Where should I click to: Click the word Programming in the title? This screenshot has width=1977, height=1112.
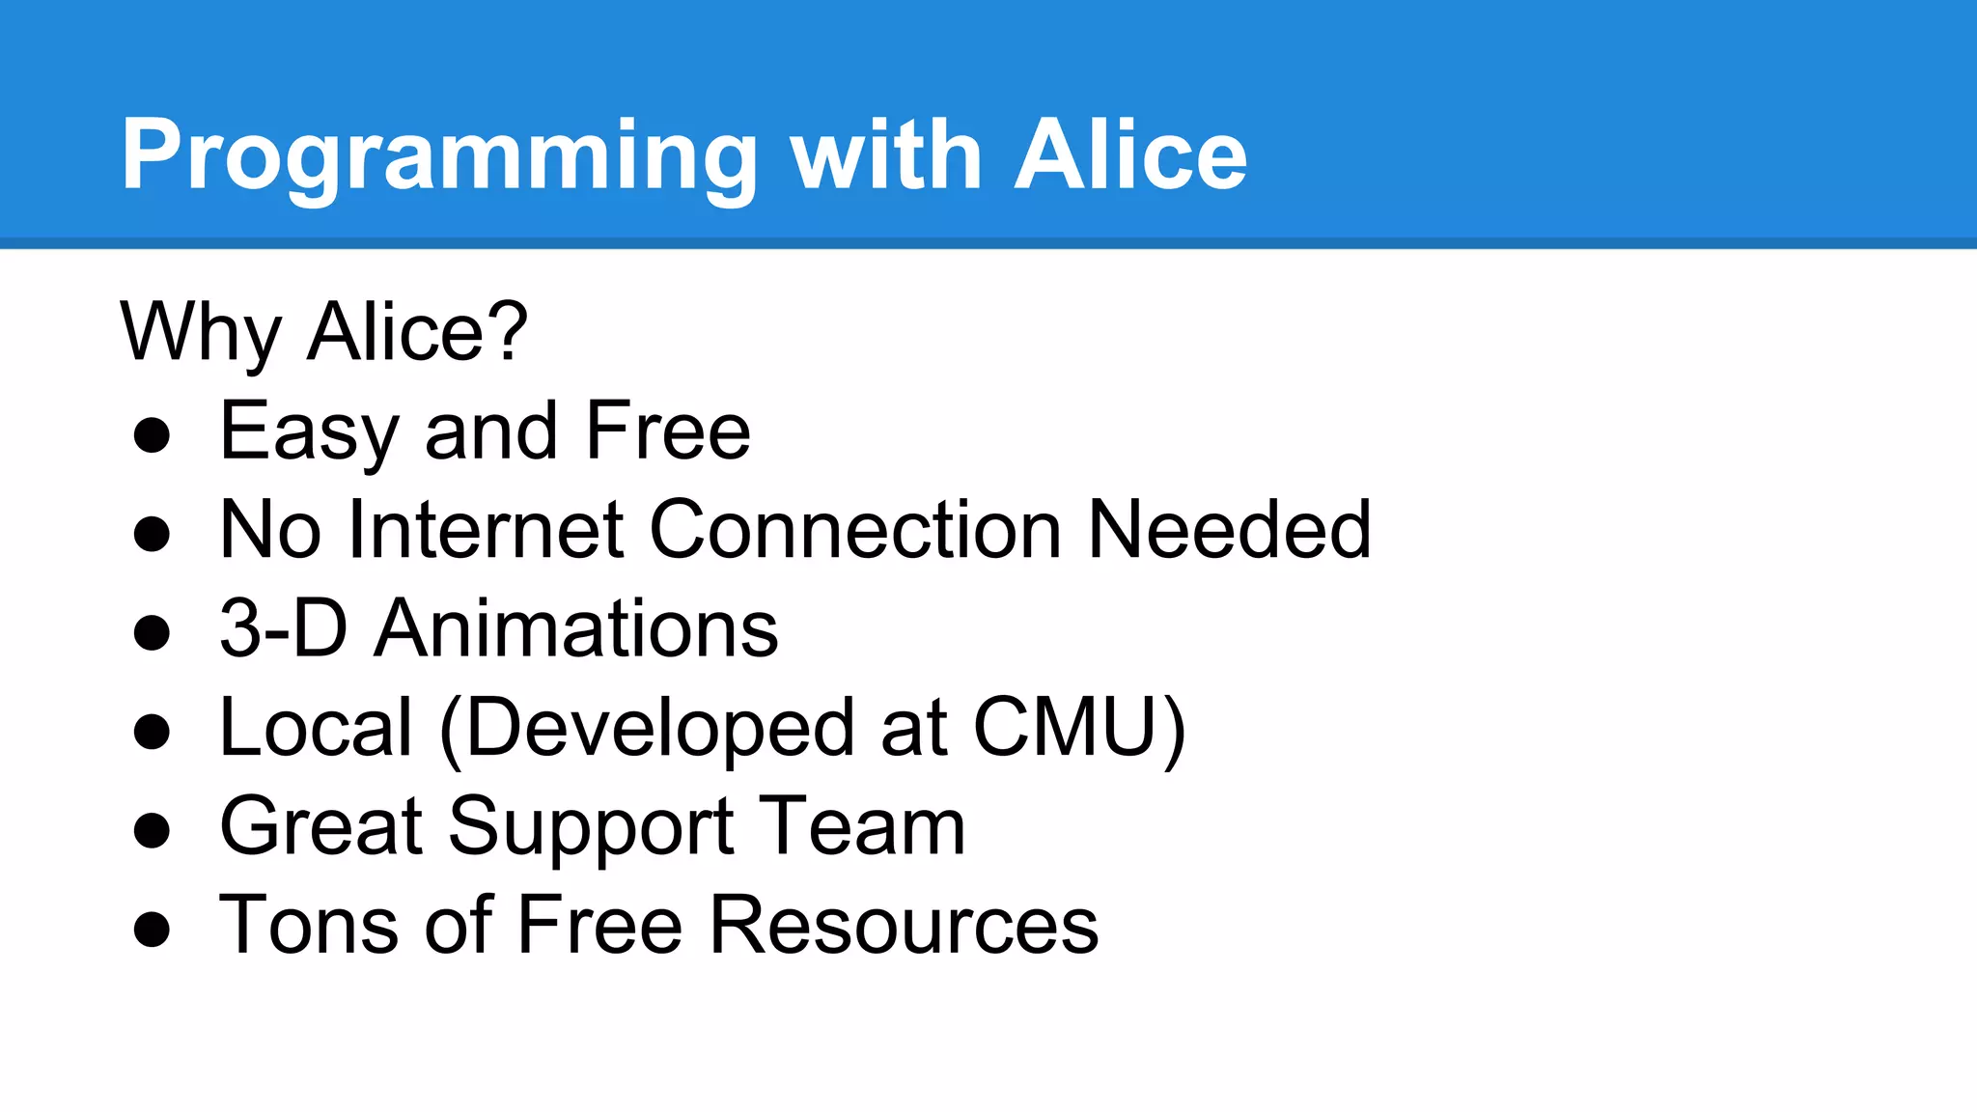[439, 156]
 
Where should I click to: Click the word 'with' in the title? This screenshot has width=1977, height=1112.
[886, 156]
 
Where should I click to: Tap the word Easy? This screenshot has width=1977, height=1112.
[308, 432]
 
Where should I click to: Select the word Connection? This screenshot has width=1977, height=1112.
[855, 530]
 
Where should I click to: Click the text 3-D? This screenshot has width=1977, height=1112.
[283, 629]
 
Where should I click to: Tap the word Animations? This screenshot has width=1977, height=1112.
[576, 629]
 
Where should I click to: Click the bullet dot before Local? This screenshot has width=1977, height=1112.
[153, 731]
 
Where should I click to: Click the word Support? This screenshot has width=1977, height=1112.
[591, 828]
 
